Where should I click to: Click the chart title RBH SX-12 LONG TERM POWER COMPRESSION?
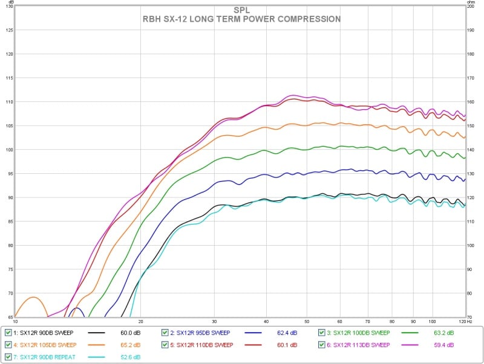point(241,19)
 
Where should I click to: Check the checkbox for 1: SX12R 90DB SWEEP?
point(8,333)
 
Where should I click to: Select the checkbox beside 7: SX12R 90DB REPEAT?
point(8,357)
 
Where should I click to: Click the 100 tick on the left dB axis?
point(8,149)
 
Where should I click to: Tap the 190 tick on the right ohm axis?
point(471,30)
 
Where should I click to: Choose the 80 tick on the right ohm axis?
point(471,293)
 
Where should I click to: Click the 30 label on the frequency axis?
point(214,321)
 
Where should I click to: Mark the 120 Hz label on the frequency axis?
point(462,321)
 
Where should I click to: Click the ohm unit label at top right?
point(471,3)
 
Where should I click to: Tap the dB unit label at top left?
point(8,3)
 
